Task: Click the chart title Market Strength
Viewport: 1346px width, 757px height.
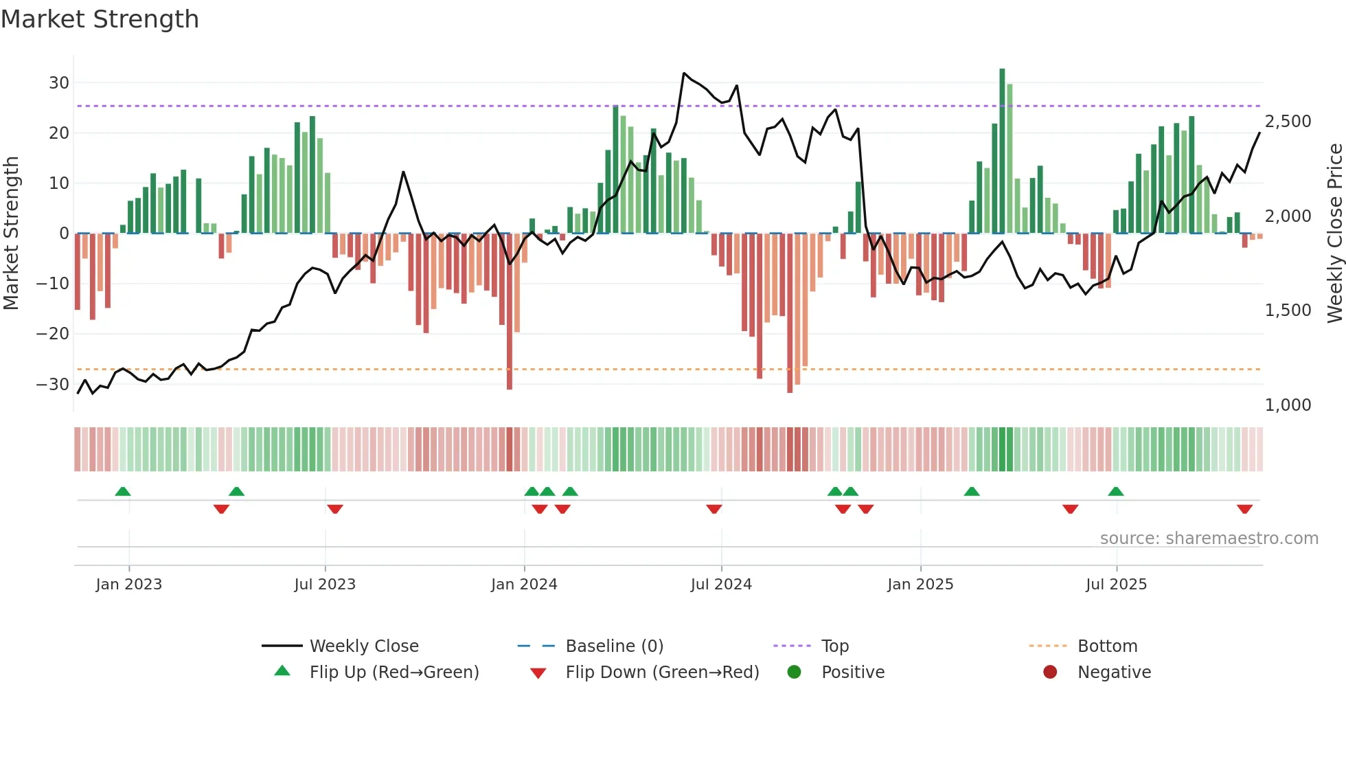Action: pos(100,19)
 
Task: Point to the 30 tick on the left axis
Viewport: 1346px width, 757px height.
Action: pos(59,83)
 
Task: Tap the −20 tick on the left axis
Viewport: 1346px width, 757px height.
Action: pos(53,334)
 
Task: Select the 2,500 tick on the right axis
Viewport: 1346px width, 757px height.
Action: pos(1288,122)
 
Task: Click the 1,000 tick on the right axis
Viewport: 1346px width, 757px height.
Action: pos(1288,405)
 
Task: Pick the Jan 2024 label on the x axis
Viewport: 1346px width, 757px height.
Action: pos(524,585)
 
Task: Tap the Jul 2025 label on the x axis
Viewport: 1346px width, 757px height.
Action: pos(1116,585)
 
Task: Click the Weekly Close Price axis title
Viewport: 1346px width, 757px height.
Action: pos(1334,234)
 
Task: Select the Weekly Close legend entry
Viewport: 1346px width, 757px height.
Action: pos(363,646)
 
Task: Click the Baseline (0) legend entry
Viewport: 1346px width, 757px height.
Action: pos(614,646)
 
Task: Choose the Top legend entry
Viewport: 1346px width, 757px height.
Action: pos(834,646)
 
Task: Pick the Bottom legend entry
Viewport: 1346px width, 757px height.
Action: pos(1107,646)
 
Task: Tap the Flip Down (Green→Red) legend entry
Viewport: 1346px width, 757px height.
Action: pos(661,673)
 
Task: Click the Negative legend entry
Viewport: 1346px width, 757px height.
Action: pos(1113,673)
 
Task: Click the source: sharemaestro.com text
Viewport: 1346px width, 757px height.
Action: pos(1209,539)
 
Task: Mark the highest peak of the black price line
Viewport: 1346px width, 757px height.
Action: pos(684,73)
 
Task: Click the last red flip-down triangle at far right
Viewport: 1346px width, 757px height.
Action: pos(1244,509)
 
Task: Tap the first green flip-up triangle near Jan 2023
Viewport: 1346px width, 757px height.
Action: pos(123,491)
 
